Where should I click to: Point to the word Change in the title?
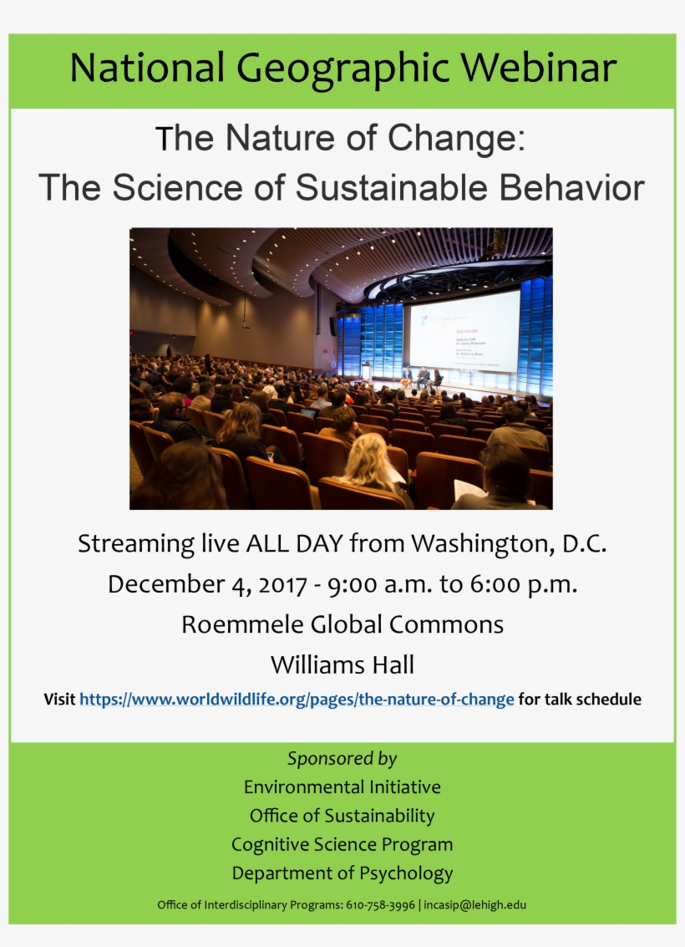tap(464, 139)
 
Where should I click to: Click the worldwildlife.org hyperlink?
tap(297, 700)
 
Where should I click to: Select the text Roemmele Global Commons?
tap(342, 624)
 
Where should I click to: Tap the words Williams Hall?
tap(342, 665)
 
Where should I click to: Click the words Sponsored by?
tap(342, 759)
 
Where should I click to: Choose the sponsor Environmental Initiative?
tap(342, 787)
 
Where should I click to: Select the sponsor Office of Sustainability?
tap(342, 816)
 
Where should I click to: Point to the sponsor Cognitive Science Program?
tap(342, 844)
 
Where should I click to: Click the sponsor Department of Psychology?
tap(342, 873)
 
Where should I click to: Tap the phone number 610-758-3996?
tap(380, 905)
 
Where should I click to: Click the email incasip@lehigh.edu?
tap(475, 905)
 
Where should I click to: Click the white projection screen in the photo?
tap(464, 330)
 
